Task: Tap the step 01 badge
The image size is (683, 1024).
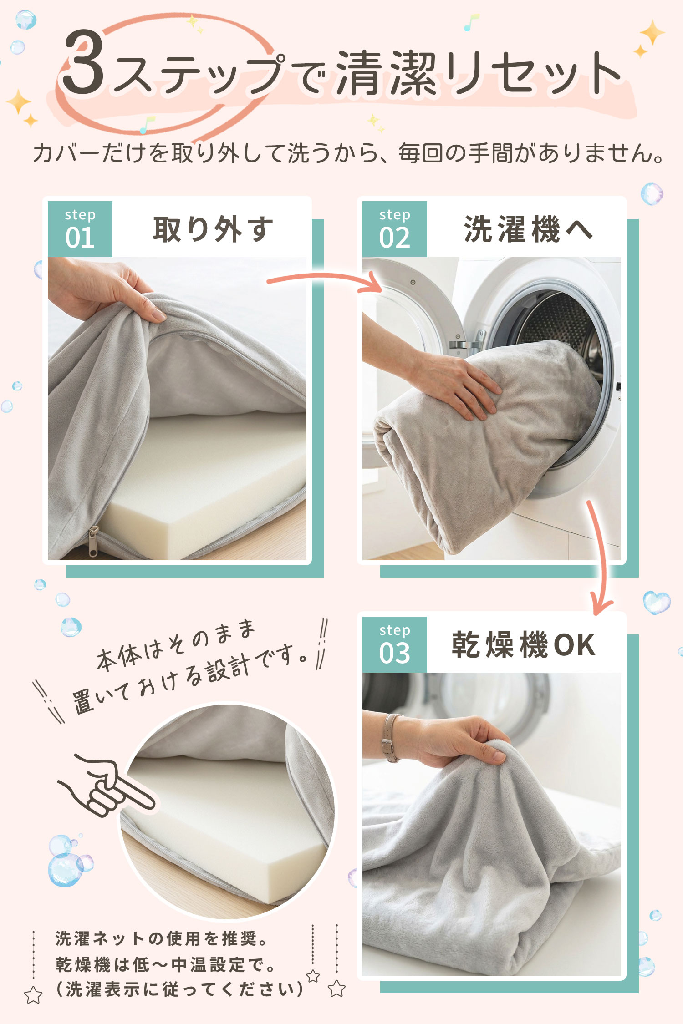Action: [x=80, y=229]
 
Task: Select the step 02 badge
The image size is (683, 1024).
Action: [x=395, y=229]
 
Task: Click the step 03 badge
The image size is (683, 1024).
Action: [x=395, y=644]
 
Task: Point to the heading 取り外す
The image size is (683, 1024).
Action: [x=213, y=229]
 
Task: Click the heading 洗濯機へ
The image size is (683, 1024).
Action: [x=528, y=229]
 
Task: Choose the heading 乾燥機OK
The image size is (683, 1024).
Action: [x=524, y=644]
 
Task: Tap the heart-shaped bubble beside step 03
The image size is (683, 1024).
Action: [x=657, y=602]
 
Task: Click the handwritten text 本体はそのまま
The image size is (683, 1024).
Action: [x=175, y=644]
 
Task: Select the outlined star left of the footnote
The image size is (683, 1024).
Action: [x=33, y=995]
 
